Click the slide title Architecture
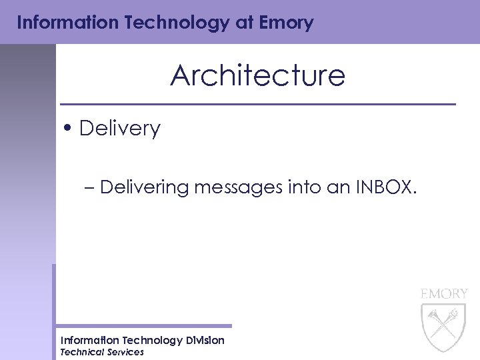click(257, 76)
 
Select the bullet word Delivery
click(119, 129)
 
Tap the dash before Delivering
click(89, 188)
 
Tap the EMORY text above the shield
click(444, 293)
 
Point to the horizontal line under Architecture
click(257, 105)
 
